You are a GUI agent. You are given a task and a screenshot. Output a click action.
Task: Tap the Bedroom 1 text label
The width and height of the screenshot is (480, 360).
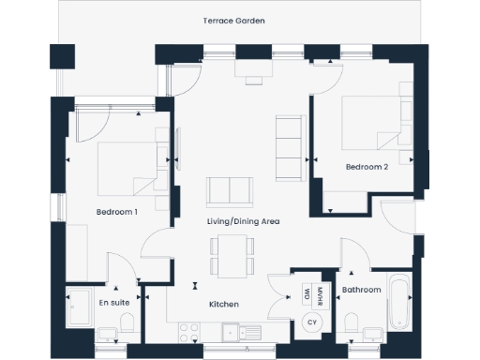tap(117, 212)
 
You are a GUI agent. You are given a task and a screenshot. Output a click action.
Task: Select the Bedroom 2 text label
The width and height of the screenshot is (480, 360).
tap(367, 168)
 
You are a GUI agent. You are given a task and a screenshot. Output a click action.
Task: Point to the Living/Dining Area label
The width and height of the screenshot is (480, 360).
tap(244, 221)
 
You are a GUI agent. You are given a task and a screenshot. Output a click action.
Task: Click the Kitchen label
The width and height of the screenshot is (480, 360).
tap(223, 304)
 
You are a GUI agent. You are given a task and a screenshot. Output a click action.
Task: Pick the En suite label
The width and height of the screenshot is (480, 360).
tap(114, 304)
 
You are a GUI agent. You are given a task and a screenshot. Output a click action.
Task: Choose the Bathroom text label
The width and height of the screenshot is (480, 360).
tap(361, 291)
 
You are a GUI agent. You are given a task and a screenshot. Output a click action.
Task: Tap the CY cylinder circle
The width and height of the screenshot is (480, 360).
tap(310, 322)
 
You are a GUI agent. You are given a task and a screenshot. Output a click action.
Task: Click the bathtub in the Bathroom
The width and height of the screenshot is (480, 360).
tap(399, 305)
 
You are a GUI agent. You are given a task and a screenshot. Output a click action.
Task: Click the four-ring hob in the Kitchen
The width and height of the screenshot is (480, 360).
tap(188, 330)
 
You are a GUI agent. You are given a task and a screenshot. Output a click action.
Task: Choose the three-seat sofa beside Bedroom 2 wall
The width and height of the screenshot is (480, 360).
tap(289, 149)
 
